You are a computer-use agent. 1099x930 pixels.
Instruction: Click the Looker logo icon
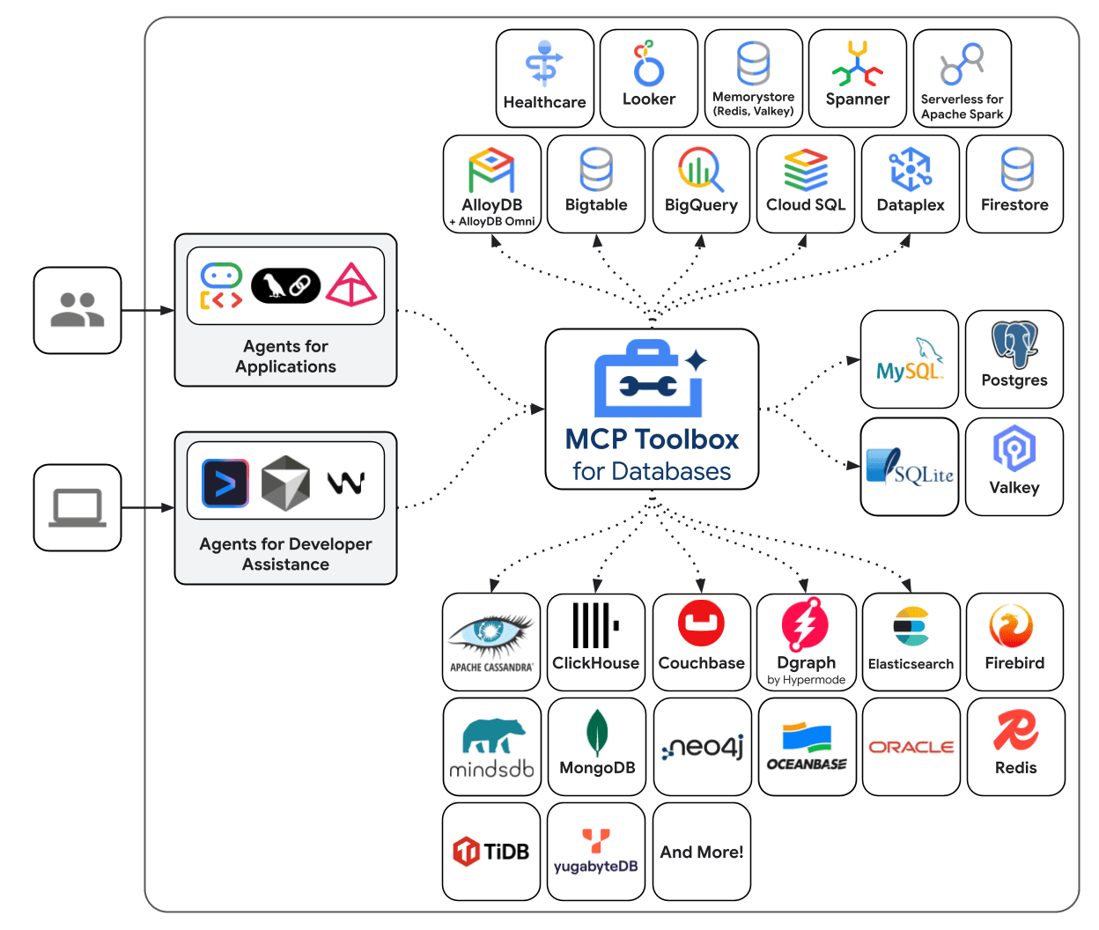coord(649,63)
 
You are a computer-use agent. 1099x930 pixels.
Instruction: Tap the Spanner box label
coord(857,100)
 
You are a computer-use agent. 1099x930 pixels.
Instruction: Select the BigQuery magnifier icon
coord(701,168)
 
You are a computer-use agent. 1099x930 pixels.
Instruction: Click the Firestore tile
coord(1014,184)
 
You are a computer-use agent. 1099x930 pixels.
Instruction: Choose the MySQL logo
coord(910,359)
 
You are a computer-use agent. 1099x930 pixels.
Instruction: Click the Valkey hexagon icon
coord(1014,449)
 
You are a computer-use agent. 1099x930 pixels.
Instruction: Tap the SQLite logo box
coord(910,467)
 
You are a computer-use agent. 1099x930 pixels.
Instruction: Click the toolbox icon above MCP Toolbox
coord(650,380)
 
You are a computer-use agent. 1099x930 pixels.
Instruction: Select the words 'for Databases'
coord(652,471)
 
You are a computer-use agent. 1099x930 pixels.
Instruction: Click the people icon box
coord(77,311)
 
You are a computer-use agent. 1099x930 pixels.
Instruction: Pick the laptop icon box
coord(77,508)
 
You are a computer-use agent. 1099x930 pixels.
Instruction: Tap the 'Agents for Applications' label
coord(285,357)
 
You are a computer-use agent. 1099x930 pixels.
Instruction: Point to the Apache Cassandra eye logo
coord(490,632)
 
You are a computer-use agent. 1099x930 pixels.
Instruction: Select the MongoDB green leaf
coord(597,733)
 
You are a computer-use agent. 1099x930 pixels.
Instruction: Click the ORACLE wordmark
coord(911,747)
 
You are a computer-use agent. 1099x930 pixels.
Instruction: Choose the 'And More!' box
coord(702,852)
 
